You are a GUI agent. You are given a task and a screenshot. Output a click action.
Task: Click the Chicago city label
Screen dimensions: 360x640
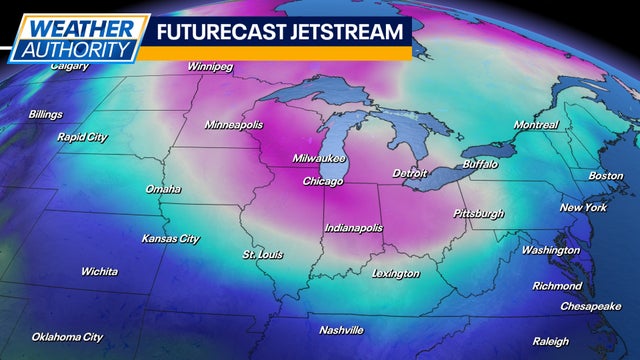(x=323, y=182)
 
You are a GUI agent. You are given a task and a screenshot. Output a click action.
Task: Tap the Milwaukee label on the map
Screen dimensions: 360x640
(x=319, y=159)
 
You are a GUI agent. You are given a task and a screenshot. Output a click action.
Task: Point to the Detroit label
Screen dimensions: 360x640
(x=410, y=173)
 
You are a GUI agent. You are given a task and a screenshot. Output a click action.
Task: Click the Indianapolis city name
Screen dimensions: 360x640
(x=353, y=228)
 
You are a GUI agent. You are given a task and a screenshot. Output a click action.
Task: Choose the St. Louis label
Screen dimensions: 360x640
(x=263, y=254)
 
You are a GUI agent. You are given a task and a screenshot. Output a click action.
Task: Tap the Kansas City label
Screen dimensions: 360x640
(x=169, y=239)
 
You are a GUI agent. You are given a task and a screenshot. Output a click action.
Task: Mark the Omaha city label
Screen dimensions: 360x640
(x=163, y=189)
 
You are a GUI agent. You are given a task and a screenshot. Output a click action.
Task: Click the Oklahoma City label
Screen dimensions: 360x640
(x=67, y=337)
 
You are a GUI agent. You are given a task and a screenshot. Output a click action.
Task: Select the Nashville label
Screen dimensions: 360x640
(x=341, y=330)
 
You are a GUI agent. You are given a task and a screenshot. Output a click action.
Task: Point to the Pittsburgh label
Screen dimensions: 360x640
(x=479, y=213)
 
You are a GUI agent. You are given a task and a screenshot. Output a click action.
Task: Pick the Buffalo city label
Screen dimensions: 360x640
(x=481, y=163)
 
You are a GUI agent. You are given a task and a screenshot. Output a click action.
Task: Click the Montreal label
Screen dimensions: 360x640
(x=536, y=125)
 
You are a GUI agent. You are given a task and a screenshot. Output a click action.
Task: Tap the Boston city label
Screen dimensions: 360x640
(x=605, y=176)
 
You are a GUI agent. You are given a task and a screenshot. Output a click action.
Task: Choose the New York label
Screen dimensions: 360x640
(x=583, y=207)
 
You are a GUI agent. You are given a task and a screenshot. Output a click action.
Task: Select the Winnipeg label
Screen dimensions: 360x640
(x=210, y=67)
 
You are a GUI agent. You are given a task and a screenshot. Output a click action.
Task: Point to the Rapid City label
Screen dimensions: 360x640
(x=82, y=136)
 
